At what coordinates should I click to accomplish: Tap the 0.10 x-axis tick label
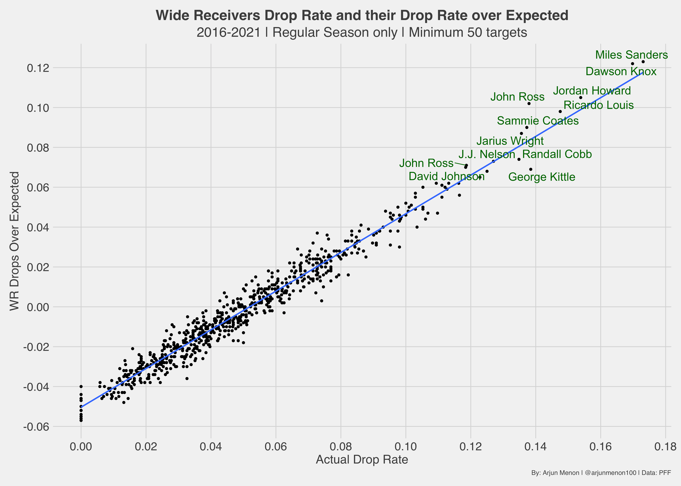[406, 447]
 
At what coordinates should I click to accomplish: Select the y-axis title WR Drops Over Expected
[14, 241]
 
